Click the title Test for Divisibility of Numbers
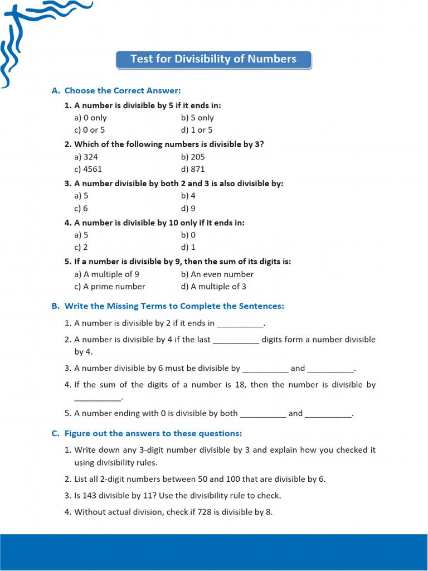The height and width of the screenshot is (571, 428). coord(213,59)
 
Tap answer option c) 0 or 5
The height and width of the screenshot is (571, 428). coord(90,130)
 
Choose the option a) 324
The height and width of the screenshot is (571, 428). coord(86,157)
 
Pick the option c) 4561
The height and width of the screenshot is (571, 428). coord(88,169)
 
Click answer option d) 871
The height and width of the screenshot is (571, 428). coord(193,169)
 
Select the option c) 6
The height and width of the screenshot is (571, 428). coord(81,208)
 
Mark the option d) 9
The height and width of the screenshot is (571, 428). coord(188,208)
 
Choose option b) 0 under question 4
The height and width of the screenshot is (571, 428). coord(188,235)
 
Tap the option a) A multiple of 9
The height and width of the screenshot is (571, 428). coord(106,274)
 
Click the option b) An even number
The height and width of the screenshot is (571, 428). coord(217,274)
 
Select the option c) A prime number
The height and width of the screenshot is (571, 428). coord(109,286)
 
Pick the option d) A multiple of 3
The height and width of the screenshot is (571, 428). coord(213,286)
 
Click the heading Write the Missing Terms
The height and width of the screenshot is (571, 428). coord(174,306)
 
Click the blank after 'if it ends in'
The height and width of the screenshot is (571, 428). coord(240,323)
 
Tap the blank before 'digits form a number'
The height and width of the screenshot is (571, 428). coord(236,340)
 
